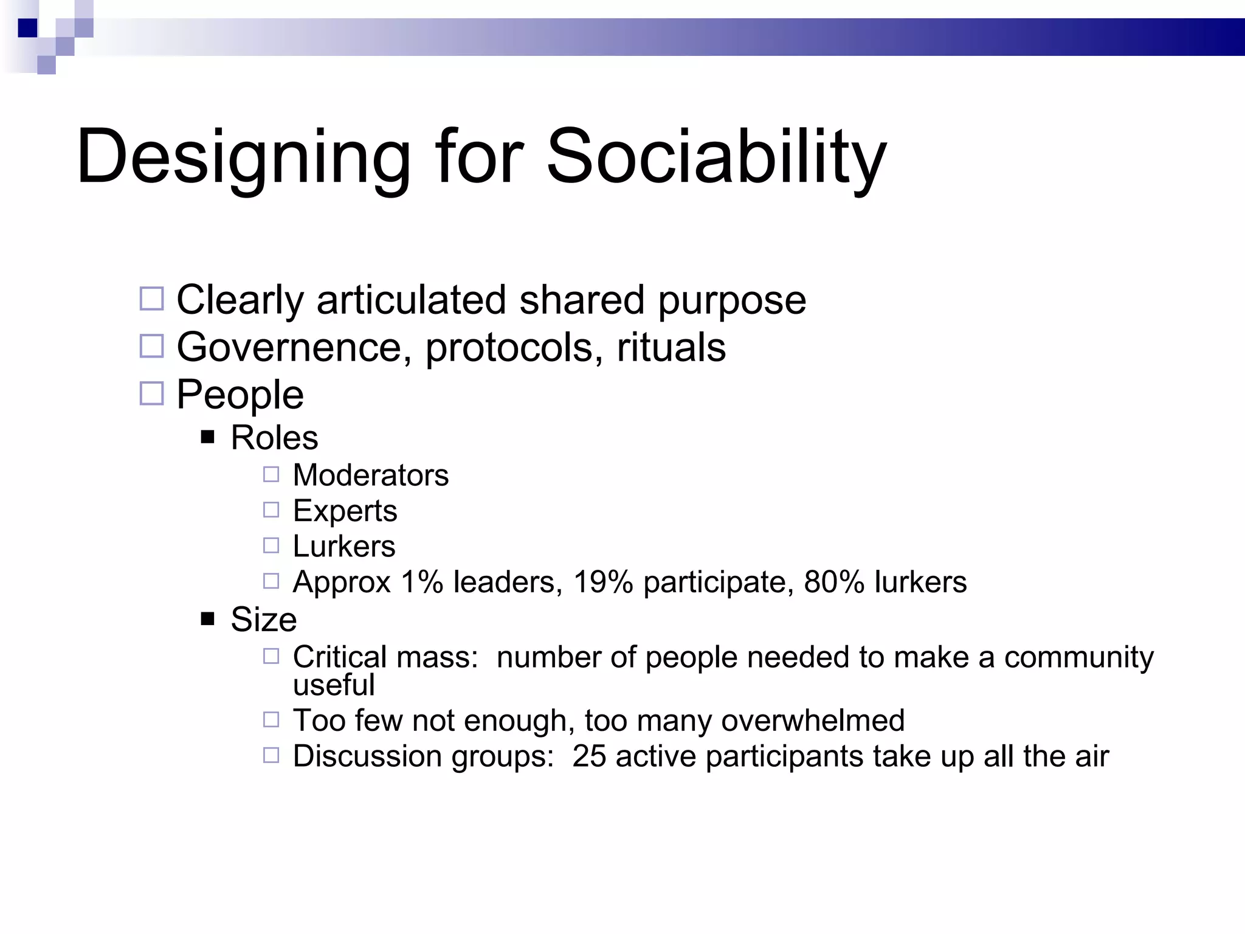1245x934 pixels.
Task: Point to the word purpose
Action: pyautogui.click(x=732, y=301)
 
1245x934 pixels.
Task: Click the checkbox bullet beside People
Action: pyautogui.click(x=152, y=393)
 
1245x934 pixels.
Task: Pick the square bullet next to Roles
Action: pyautogui.click(x=208, y=437)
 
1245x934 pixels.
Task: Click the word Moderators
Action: pyautogui.click(x=370, y=475)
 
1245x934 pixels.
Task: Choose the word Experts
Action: pyautogui.click(x=345, y=511)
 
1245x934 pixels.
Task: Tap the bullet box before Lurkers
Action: pyautogui.click(x=271, y=545)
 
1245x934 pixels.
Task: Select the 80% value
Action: pyautogui.click(x=834, y=582)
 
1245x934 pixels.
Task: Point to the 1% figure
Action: pyautogui.click(x=422, y=582)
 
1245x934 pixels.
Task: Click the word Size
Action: pyautogui.click(x=264, y=620)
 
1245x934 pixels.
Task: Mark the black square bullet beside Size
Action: pyautogui.click(x=208, y=619)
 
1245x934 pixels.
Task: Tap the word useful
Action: pyautogui.click(x=334, y=685)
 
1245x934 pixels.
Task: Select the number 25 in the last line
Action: pyautogui.click(x=589, y=756)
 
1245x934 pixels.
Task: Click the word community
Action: pyautogui.click(x=1078, y=657)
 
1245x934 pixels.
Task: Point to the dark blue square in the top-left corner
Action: pyautogui.click(x=28, y=28)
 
